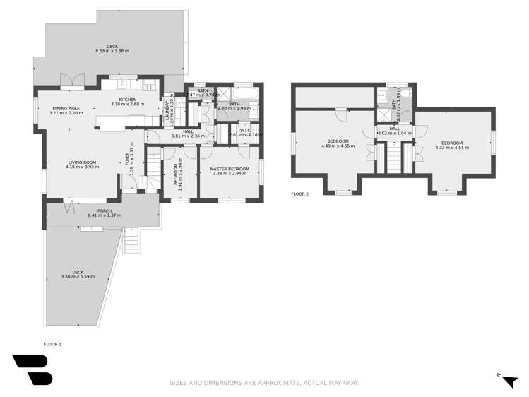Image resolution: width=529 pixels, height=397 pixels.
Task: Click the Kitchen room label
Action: (127, 100)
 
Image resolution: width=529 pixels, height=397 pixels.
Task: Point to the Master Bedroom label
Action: (230, 169)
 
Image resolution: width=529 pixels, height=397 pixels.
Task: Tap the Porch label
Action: (105, 211)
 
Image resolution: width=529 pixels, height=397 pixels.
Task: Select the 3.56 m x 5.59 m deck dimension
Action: (78, 276)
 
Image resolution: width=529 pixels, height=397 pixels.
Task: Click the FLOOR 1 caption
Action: (53, 344)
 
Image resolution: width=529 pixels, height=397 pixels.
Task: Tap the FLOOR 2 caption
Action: (301, 193)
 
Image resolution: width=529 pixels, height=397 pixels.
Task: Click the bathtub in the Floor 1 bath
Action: (245, 93)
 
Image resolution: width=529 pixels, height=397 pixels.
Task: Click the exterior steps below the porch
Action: (131, 241)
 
